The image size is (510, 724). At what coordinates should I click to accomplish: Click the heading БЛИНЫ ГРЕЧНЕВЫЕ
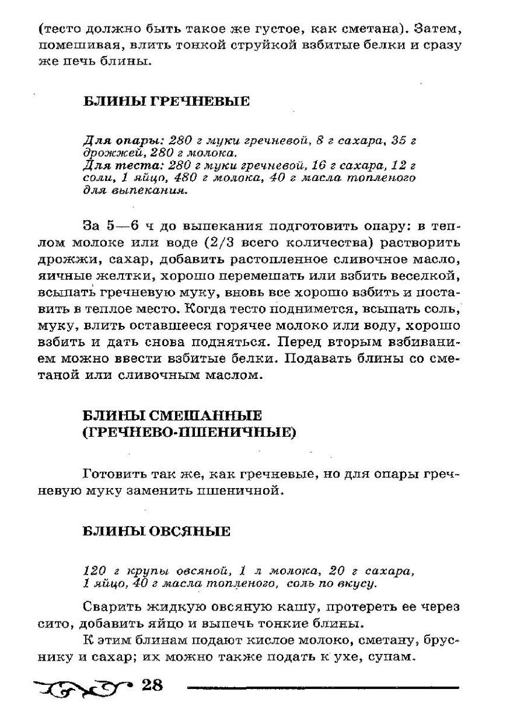165,102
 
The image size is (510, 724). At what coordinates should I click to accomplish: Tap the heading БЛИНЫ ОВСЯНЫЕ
156,532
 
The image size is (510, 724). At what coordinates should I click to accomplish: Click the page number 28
151,685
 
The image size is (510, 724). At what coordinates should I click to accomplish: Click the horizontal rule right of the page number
323,687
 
